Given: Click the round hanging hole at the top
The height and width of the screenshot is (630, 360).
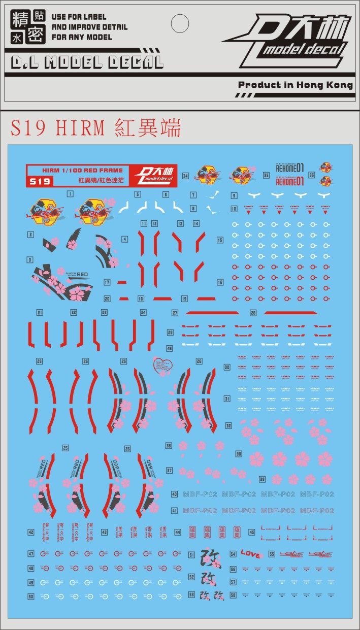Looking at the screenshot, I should pyautogui.click(x=179, y=23).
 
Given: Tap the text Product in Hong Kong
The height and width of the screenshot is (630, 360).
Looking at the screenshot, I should pyautogui.click(x=295, y=85).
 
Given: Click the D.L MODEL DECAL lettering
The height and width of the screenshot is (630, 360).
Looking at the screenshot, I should pyautogui.click(x=87, y=62).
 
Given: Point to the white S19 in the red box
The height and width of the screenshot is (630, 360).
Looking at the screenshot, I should pyautogui.click(x=39, y=181).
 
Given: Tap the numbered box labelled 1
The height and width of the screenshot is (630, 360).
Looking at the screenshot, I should pyautogui.click(x=70, y=194).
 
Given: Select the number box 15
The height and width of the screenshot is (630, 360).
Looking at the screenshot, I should pyautogui.click(x=220, y=240).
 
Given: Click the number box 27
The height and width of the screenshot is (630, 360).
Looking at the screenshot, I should pyautogui.click(x=175, y=313).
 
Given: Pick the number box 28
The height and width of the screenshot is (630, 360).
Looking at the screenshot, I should pyautogui.click(x=253, y=313).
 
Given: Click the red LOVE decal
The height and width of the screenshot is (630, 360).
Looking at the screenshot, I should pyautogui.click(x=250, y=554).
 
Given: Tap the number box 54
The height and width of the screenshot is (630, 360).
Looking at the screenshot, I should pyautogui.click(x=233, y=554).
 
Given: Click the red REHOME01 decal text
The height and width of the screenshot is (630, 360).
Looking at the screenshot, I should pyautogui.click(x=289, y=180).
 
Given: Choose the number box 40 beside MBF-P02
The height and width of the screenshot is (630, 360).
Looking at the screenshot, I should pyautogui.click(x=174, y=494).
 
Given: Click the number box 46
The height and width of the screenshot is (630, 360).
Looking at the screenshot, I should pyautogui.click(x=169, y=349).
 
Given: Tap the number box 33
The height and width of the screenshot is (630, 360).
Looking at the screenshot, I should pyautogui.click(x=169, y=446).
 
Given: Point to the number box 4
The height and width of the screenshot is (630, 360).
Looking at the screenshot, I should pyautogui.click(x=124, y=239).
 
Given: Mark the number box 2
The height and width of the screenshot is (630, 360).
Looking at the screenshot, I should pyautogui.click(x=31, y=235).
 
